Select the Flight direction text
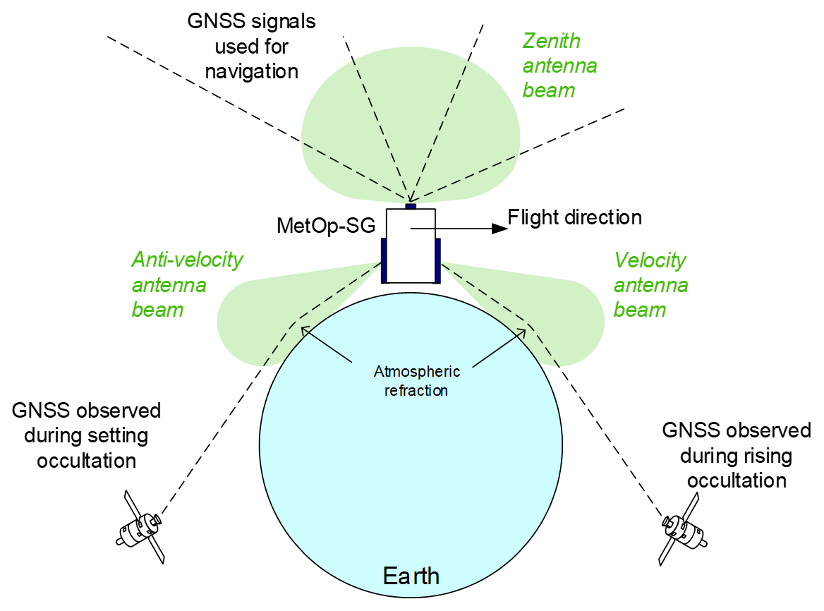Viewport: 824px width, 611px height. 575,217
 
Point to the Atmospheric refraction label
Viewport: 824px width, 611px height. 416,380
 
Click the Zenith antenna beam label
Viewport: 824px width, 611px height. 559,66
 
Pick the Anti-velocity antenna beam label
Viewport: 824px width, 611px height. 187,284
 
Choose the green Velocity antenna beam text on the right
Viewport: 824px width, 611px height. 650,284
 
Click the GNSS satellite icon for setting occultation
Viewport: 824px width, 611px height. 141,526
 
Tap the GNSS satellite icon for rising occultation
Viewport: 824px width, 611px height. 680,526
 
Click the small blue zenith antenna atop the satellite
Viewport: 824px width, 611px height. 411,205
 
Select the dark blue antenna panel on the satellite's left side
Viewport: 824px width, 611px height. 384,260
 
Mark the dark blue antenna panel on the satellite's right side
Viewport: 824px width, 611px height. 437,260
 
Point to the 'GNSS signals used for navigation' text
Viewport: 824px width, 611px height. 250,46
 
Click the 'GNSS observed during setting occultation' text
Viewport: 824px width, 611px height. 86,435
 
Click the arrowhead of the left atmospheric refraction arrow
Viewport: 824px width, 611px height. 303,327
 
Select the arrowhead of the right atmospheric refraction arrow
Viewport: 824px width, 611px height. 521,327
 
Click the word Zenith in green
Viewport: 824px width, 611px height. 551,41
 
